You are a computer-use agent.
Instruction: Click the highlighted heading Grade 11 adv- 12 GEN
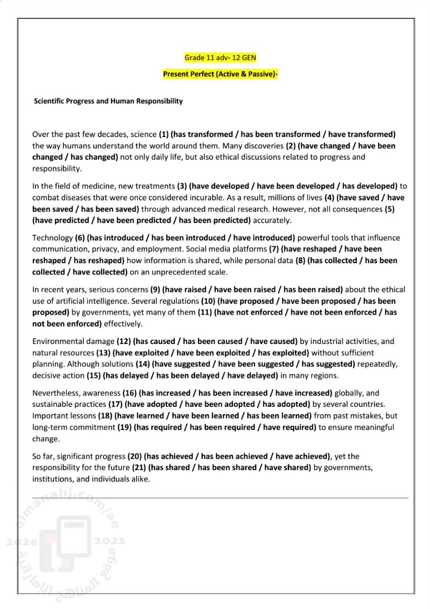click(x=220, y=58)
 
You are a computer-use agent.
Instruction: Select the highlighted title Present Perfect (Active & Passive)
click(x=220, y=74)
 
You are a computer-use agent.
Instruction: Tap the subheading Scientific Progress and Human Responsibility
click(x=108, y=101)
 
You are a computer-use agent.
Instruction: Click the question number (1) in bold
click(x=164, y=135)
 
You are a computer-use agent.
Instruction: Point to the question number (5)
click(x=390, y=209)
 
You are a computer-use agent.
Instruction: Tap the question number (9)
click(x=155, y=289)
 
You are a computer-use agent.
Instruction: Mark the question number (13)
click(x=103, y=353)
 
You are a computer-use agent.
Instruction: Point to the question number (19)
click(x=125, y=427)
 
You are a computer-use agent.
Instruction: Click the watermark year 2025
click(x=110, y=541)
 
